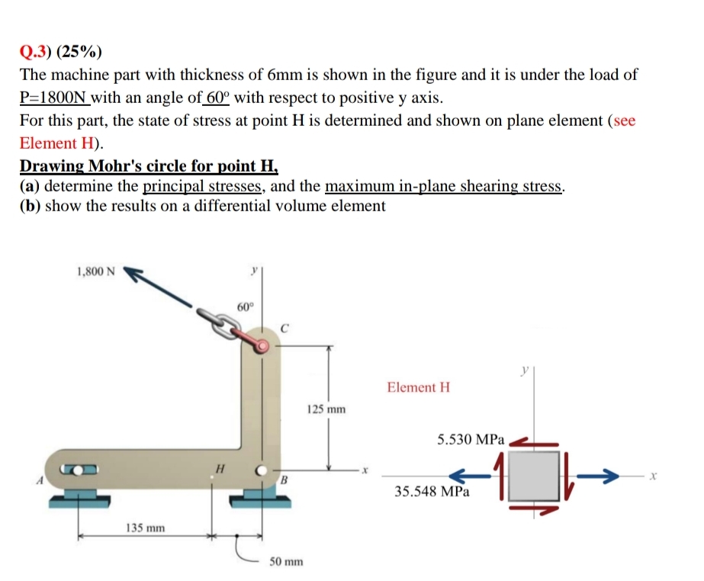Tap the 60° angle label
point(244,307)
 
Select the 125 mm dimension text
point(326,409)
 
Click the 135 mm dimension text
point(145,528)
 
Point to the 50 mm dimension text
point(286,562)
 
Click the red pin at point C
point(262,347)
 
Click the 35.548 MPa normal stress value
point(432,492)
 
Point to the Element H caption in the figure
point(418,387)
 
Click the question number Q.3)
point(37,52)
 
